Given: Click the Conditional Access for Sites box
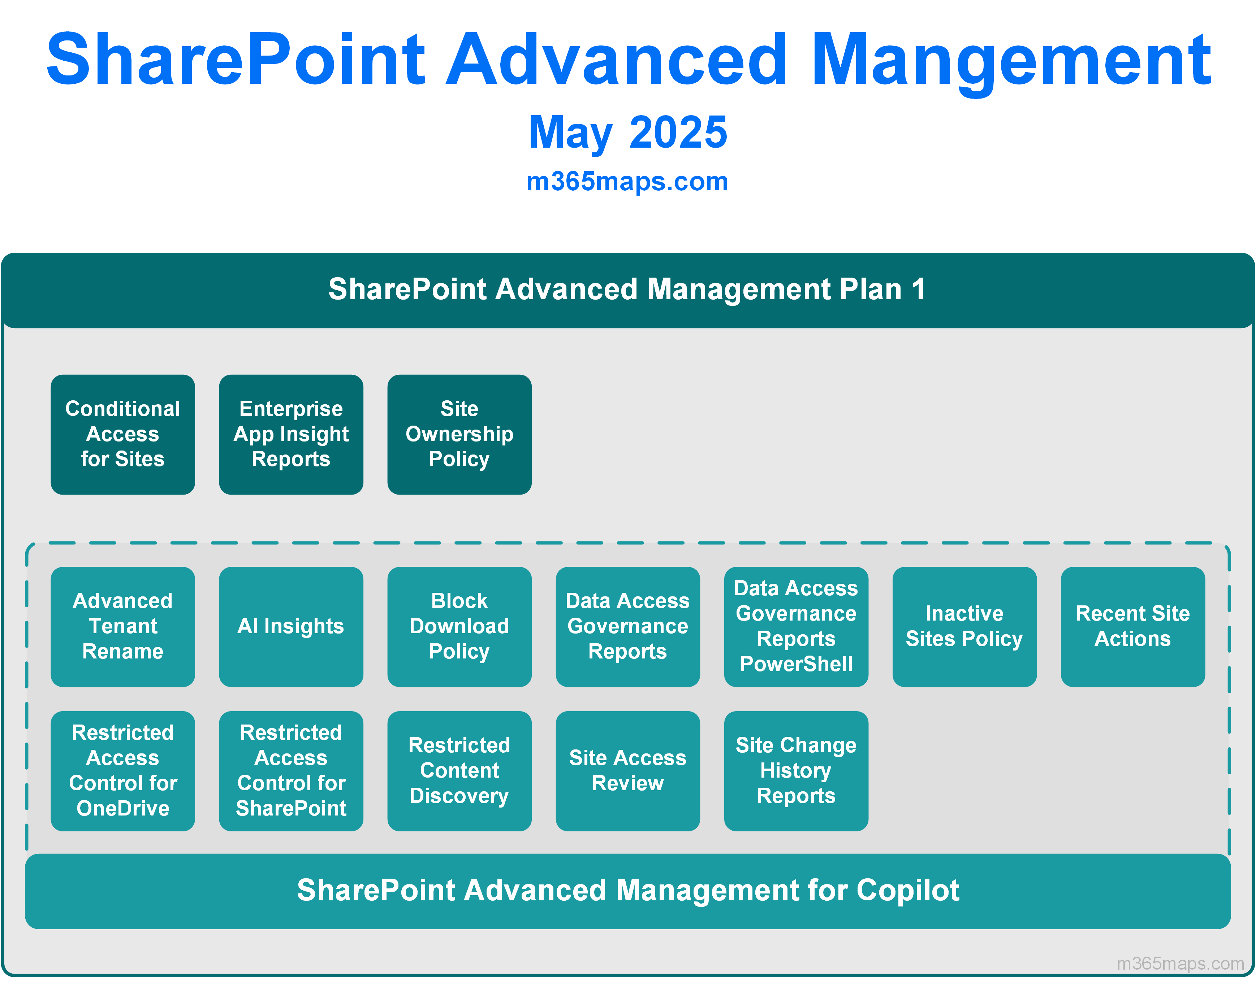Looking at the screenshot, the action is (123, 435).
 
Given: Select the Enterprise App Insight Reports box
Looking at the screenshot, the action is (291, 435).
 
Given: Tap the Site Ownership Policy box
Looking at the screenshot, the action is (459, 435).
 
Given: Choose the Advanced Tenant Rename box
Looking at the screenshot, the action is (123, 627).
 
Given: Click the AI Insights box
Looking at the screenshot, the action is (291, 627).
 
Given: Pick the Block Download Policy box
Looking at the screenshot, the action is (459, 627).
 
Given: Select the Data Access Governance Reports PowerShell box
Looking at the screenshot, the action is (796, 627).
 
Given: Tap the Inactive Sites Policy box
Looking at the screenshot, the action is (964, 627).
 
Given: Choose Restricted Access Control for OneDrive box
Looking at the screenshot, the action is (123, 771).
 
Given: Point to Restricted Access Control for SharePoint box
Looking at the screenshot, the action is (291, 771).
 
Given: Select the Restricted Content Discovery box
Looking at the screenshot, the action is (459, 771).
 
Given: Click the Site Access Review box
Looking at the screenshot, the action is (628, 771).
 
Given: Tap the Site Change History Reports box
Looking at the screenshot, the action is (796, 771).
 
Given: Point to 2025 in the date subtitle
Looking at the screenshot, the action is (678, 132).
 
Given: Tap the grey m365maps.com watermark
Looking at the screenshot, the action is (1181, 963).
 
